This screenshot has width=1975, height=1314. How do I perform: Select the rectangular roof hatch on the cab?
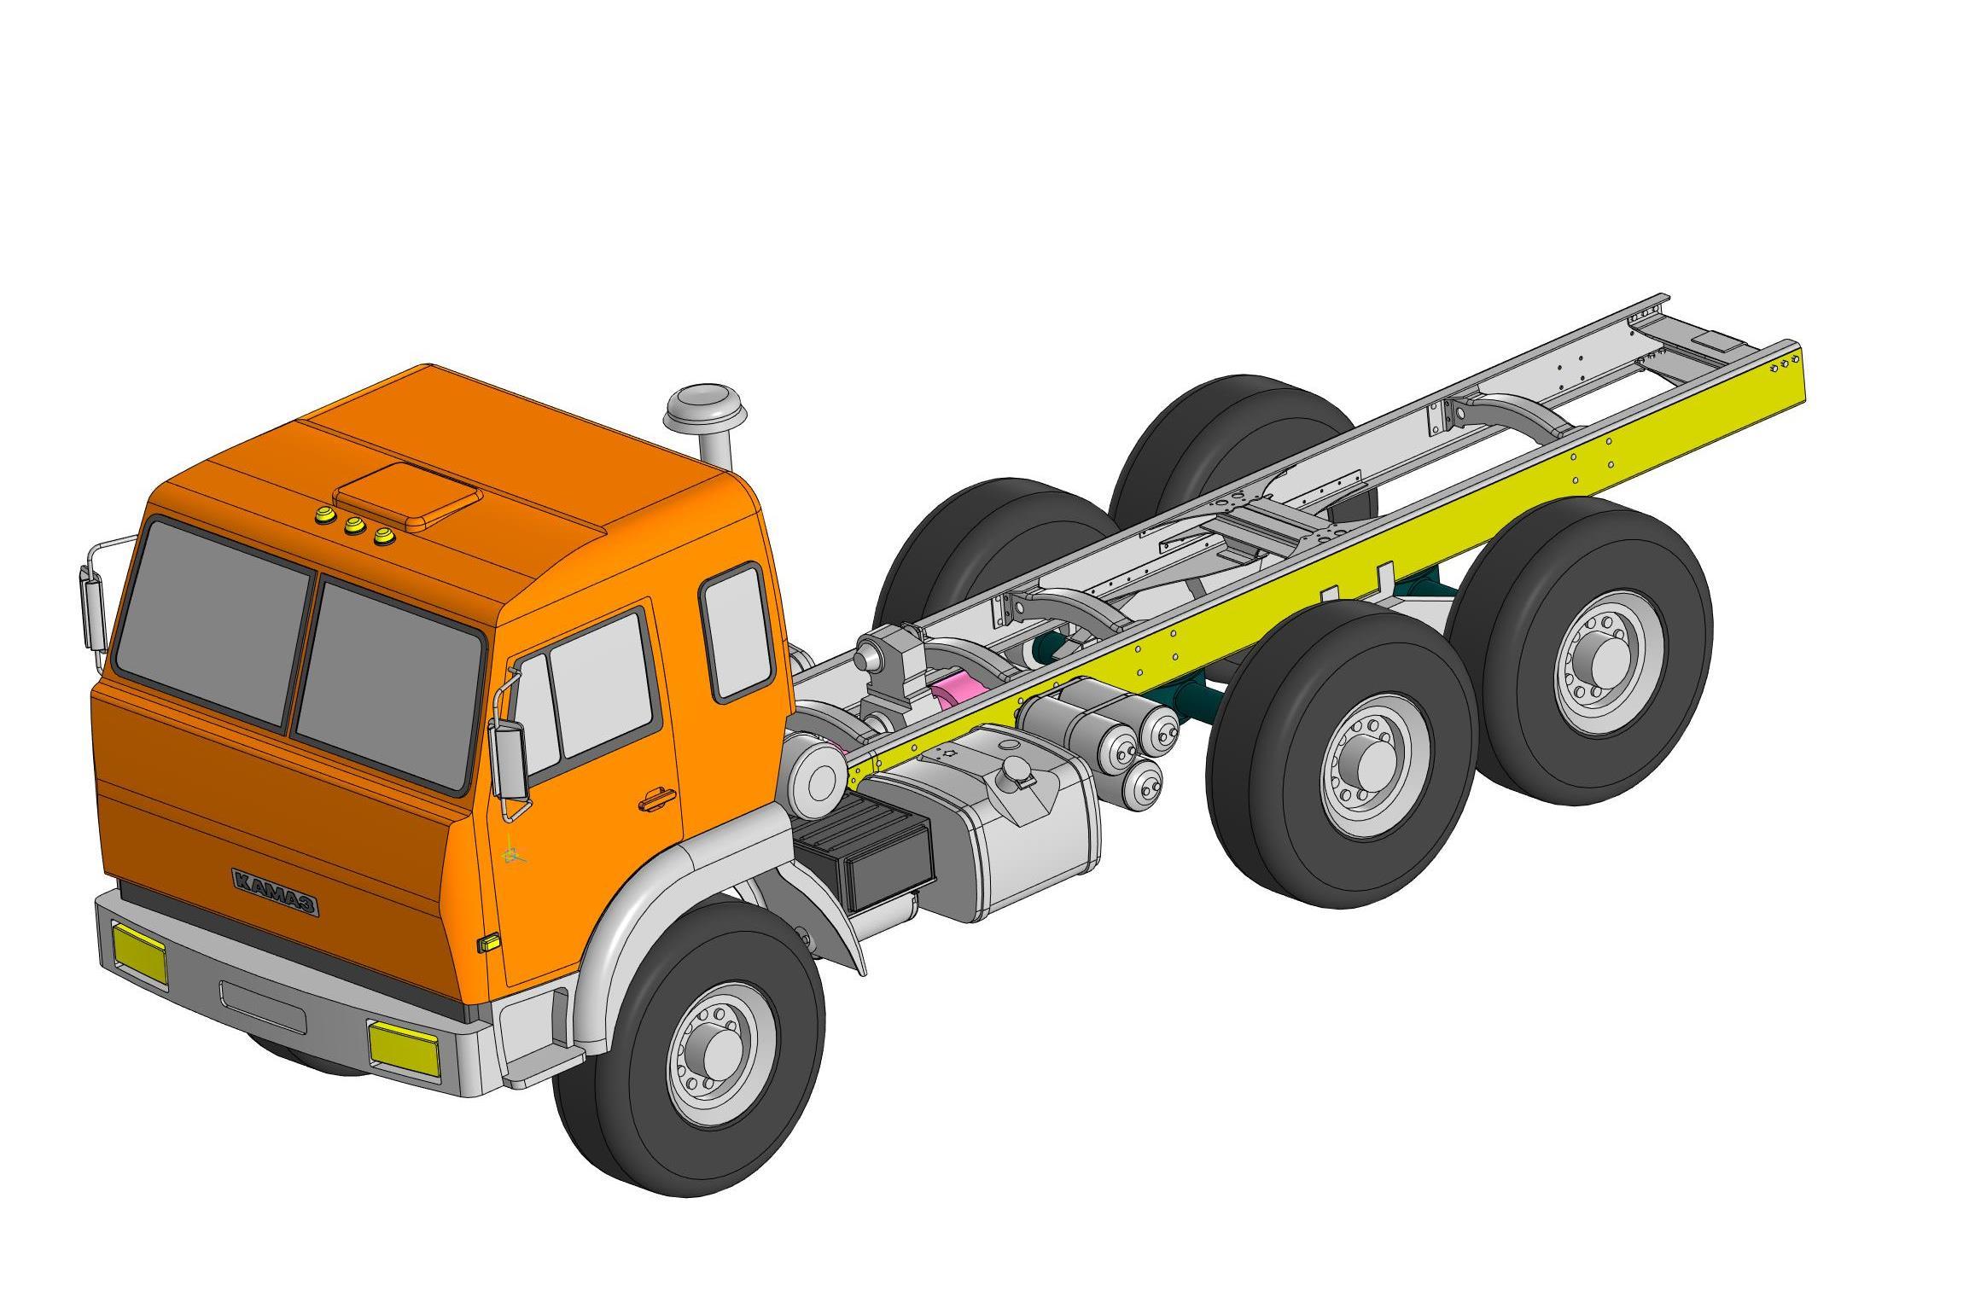[407, 497]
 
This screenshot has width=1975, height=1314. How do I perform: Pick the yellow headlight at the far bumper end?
[140, 954]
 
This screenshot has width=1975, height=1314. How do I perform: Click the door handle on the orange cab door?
[657, 799]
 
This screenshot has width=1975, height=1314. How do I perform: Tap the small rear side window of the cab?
[736, 631]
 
